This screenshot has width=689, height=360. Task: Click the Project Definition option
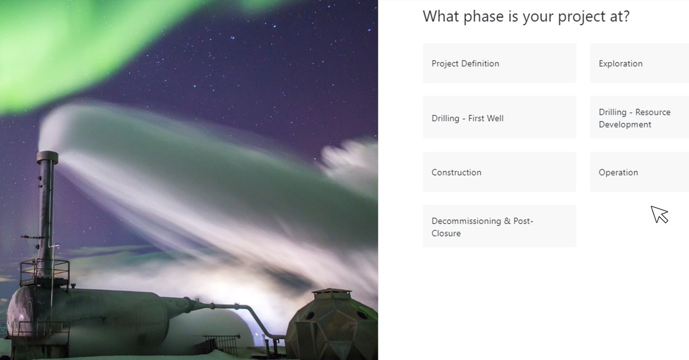[499, 63]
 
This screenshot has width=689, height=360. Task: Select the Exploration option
[639, 63]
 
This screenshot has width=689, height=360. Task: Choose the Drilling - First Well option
[499, 118]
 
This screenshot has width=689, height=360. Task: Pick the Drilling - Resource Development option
[639, 118]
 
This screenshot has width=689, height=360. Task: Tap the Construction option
[499, 172]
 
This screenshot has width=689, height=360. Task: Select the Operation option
[639, 172]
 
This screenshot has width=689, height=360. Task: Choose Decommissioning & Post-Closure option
[499, 227]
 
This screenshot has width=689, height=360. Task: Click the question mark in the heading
[626, 16]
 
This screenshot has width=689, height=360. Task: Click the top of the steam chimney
[47, 156]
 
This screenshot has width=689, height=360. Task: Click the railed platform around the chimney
[44, 272]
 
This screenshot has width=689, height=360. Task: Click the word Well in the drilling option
[494, 118]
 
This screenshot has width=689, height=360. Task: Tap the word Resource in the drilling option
[653, 112]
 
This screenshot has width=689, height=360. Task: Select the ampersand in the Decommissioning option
[508, 221]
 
